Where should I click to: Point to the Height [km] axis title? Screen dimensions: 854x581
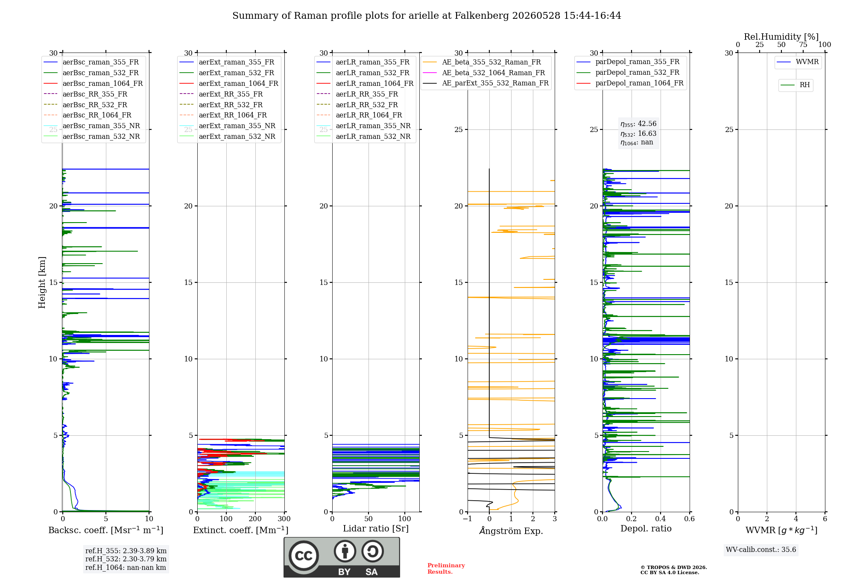[x=42, y=282]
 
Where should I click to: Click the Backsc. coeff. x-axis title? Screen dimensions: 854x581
[x=106, y=530]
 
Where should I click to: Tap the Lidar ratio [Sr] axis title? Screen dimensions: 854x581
[x=376, y=528]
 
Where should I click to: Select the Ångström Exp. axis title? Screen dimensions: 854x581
[x=511, y=531]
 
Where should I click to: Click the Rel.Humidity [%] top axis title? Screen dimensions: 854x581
[x=781, y=37]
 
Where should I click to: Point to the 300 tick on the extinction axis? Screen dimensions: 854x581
[x=284, y=519]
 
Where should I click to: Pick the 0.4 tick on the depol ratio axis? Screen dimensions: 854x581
[x=661, y=519]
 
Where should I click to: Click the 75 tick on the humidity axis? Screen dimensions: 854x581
[x=803, y=45]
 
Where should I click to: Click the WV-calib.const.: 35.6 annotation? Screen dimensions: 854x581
[x=761, y=550]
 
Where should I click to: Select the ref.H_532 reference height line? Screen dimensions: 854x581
[x=126, y=559]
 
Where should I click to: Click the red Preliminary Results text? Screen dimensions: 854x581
[x=446, y=569]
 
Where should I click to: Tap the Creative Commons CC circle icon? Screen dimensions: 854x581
[x=304, y=556]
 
